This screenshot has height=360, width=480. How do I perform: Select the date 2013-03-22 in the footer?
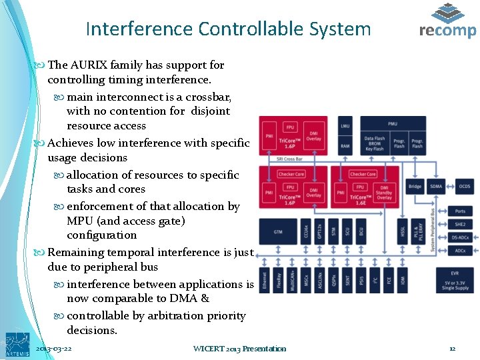pyautogui.click(x=53, y=349)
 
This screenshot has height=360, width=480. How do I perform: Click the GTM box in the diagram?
pyautogui.click(x=277, y=231)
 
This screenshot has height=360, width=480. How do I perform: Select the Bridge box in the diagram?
pyautogui.click(x=415, y=187)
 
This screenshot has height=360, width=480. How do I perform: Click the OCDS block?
pyautogui.click(x=464, y=187)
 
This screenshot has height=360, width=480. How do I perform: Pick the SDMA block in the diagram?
pyautogui.click(x=436, y=187)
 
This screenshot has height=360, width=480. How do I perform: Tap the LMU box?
pyautogui.click(x=345, y=125)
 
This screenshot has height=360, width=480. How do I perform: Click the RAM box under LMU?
pyautogui.click(x=345, y=145)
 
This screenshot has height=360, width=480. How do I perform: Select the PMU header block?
pyautogui.click(x=393, y=123)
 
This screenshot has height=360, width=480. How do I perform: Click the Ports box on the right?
pyautogui.click(x=460, y=211)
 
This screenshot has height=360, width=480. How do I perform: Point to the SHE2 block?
pyautogui.click(x=460, y=225)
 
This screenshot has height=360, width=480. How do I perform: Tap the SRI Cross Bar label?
pyautogui.click(x=289, y=159)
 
